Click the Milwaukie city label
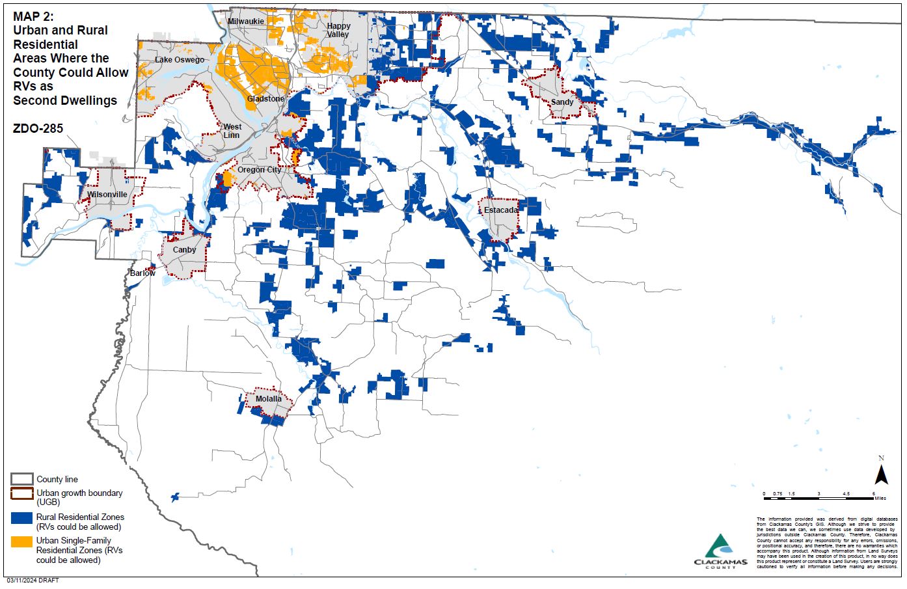[246, 21]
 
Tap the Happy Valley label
[338, 30]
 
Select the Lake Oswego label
[180, 60]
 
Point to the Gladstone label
[265, 99]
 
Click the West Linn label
[232, 131]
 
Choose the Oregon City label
[260, 170]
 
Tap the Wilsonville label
[107, 195]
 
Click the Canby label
[184, 250]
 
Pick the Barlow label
[142, 273]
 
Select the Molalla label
[269, 399]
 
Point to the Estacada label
[501, 210]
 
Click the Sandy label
[562, 102]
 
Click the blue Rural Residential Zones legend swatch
[21, 519]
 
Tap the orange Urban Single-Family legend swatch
[21, 541]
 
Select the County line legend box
[21, 480]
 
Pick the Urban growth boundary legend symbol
[21, 495]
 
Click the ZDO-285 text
[38, 128]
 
